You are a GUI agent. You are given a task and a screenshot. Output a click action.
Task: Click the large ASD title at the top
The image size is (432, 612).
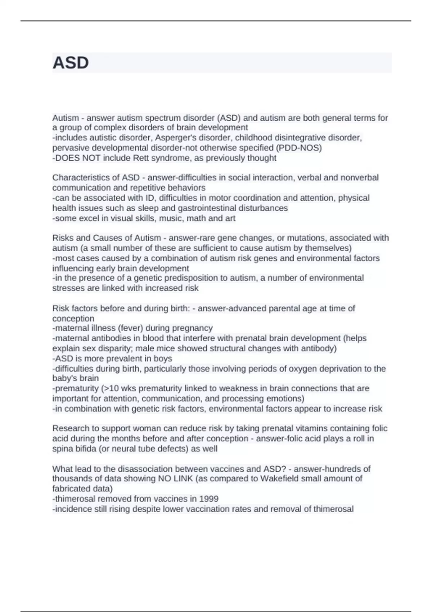(71, 63)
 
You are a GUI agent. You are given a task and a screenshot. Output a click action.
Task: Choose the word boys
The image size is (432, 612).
(163, 359)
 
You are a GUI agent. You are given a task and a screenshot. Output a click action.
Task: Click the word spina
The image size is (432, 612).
(62, 449)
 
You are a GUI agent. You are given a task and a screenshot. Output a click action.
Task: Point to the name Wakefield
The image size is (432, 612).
(278, 479)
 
